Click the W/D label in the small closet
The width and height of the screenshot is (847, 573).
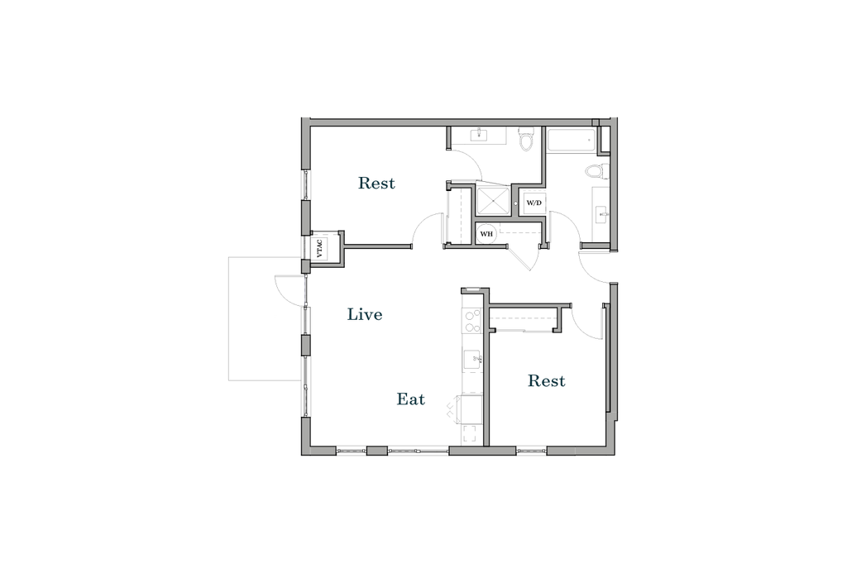click(x=534, y=201)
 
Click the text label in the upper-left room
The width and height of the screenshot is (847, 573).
click(x=376, y=184)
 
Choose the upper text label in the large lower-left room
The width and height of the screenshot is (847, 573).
click(x=364, y=315)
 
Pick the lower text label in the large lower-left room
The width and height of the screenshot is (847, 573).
click(x=410, y=401)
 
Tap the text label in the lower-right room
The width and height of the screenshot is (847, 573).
click(x=547, y=382)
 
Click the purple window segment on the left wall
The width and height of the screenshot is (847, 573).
click(x=305, y=290)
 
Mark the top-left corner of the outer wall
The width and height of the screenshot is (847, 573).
click(x=305, y=121)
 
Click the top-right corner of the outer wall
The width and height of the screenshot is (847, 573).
click(x=613, y=121)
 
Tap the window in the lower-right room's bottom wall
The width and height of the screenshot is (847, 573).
click(x=530, y=451)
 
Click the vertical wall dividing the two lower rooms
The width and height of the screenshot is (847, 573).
click(x=486, y=372)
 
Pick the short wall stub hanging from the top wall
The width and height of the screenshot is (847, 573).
click(x=448, y=137)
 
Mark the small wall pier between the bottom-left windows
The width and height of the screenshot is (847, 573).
click(x=376, y=451)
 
